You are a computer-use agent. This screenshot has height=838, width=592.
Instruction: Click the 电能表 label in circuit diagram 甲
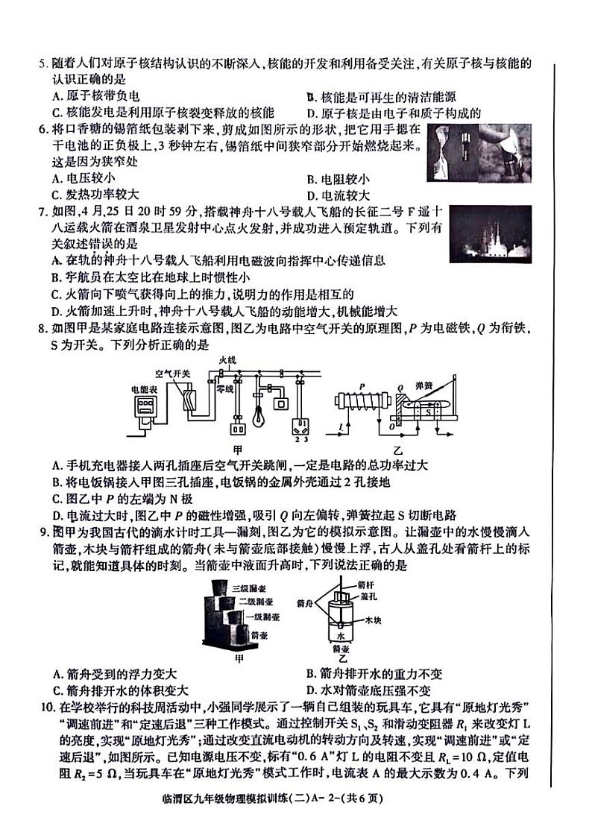[x=144, y=388]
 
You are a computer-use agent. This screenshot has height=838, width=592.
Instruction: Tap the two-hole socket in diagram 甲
[x=237, y=429]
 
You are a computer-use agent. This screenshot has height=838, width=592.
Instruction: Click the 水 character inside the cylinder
[x=341, y=637]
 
